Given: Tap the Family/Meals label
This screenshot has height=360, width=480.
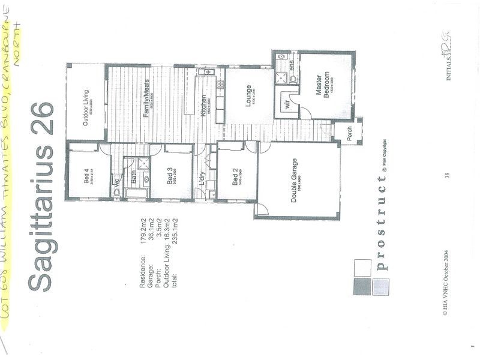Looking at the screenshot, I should click(x=145, y=101).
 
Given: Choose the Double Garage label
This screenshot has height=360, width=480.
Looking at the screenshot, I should click(x=295, y=181).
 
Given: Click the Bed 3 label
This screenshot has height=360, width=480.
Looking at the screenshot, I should click(x=170, y=178).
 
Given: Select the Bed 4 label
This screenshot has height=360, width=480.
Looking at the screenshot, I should click(x=85, y=178).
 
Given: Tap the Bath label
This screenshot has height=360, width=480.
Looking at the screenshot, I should click(x=134, y=178).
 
